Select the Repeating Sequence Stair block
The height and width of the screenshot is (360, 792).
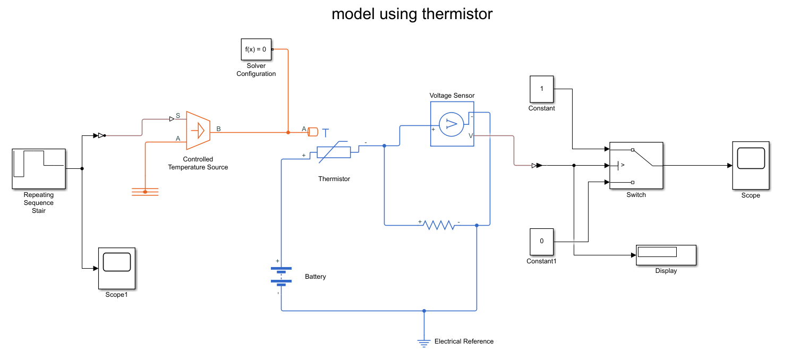39,168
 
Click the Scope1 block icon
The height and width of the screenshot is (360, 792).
116,268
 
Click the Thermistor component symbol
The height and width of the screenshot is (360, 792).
334,152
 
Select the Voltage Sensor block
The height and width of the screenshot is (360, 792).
452,123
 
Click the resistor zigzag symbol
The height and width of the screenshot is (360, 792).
439,225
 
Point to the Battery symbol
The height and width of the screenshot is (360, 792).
281,275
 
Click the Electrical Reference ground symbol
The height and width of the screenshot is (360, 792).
424,342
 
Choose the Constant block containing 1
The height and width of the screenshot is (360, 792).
542,89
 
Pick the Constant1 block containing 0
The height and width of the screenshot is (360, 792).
542,241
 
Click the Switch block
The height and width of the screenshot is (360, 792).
636,165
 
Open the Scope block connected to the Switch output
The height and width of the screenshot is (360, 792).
751,165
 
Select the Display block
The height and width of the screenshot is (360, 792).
666,255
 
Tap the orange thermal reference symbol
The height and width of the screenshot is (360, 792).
145,192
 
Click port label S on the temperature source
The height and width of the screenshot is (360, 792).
177,115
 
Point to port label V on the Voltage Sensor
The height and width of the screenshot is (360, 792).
471,136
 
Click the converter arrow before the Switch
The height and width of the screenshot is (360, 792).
536,166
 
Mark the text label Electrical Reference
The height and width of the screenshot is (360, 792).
464,341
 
